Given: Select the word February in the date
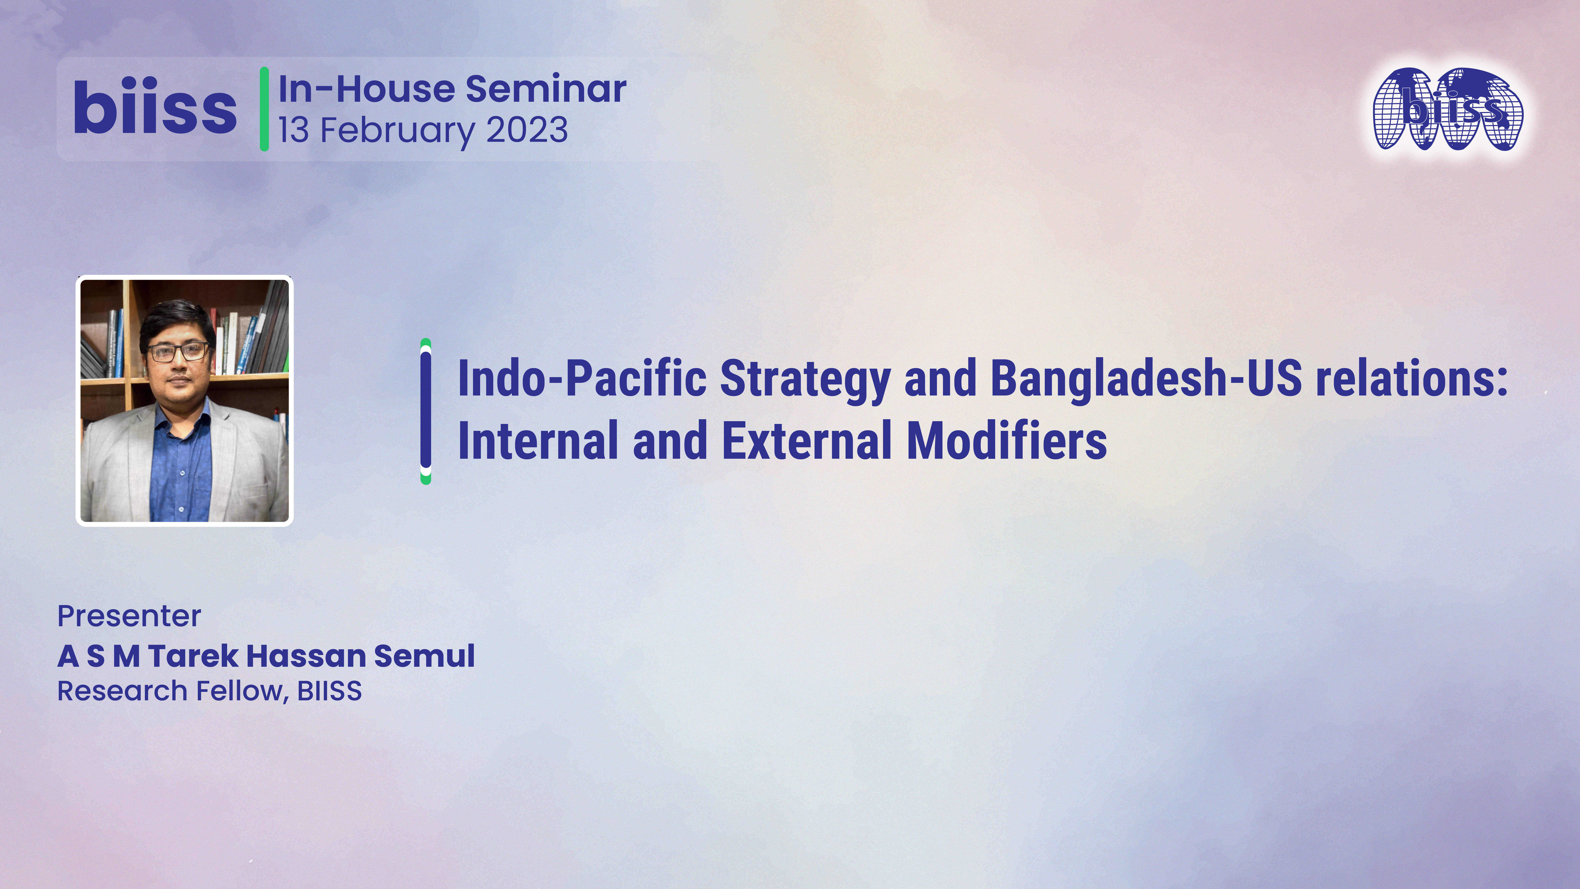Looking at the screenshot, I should [x=397, y=131].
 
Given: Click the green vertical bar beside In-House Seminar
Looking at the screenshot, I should [x=264, y=109].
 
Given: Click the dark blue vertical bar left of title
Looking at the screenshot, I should [x=426, y=411].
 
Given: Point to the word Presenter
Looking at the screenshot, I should [x=129, y=616].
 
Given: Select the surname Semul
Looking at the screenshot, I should [x=424, y=656].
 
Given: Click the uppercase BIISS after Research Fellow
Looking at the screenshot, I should [x=329, y=691].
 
